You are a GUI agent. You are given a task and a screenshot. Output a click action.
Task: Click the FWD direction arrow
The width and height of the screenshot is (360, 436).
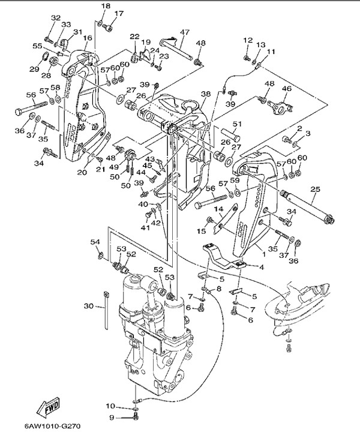coord(50,409)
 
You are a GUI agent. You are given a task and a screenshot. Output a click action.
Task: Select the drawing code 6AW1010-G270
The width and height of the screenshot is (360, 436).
coord(52,427)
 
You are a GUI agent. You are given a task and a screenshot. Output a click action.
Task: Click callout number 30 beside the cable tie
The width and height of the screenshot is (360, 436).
coord(88,306)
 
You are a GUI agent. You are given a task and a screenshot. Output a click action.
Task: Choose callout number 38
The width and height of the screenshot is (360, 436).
coord(205,94)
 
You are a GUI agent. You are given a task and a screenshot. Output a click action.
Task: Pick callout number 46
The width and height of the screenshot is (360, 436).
coord(286,89)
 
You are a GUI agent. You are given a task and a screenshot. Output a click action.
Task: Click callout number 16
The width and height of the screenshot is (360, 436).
coord(88,38)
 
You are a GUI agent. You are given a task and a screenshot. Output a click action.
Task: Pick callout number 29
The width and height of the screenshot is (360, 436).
coord(34,70)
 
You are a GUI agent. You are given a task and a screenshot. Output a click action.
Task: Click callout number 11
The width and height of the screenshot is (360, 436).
coord(271,52)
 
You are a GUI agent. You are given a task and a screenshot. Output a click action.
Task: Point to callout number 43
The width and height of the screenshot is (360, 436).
coord(150,159)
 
